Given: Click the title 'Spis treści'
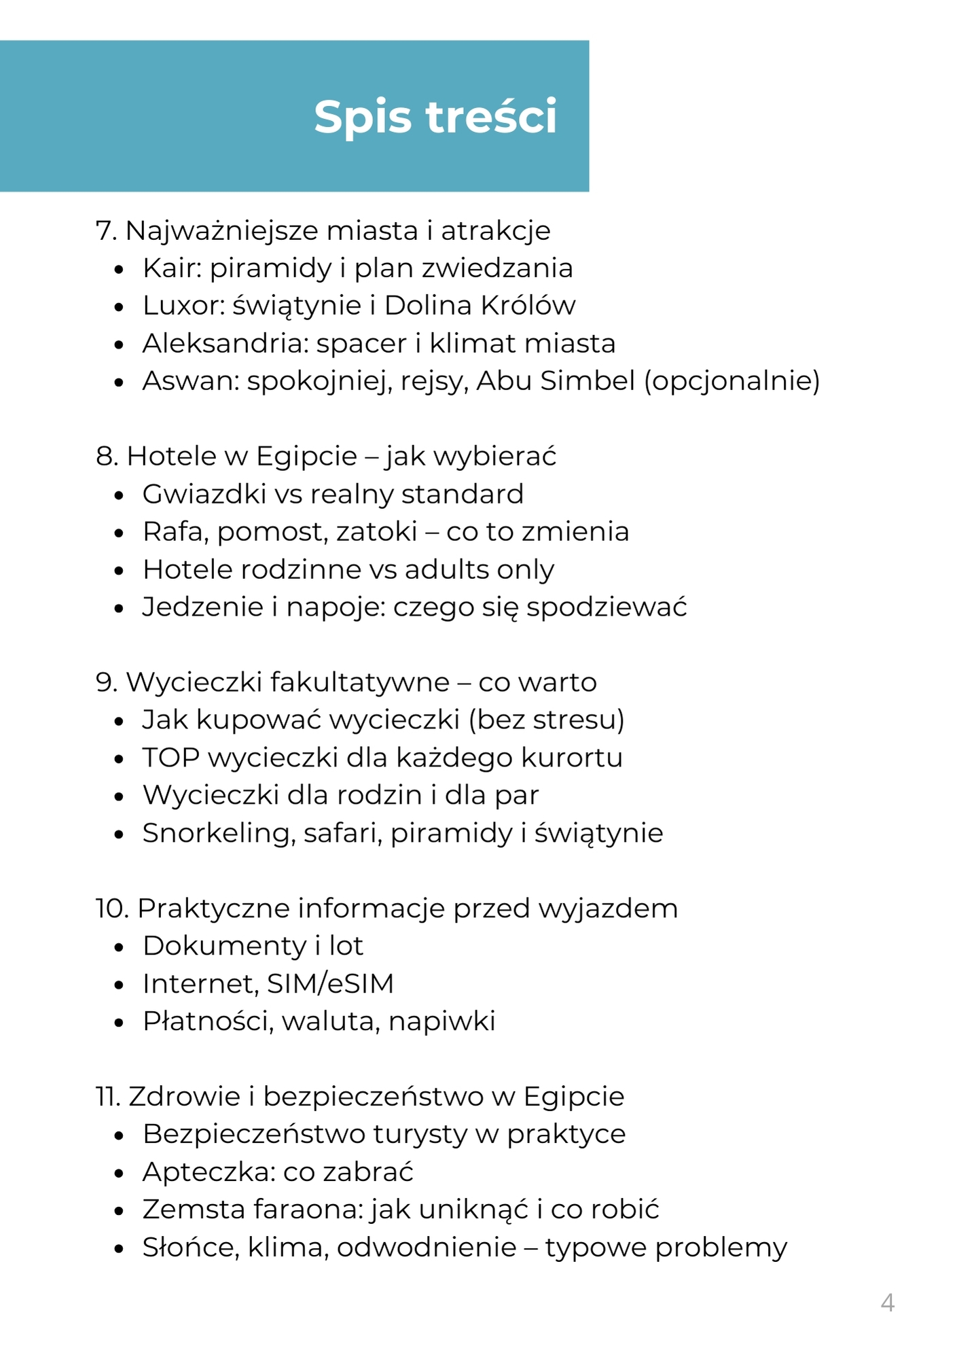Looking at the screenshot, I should (x=435, y=117).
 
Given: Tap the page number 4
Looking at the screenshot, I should (x=887, y=1303).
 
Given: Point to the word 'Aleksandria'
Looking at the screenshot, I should (x=218, y=343).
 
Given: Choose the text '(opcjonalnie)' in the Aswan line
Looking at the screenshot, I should (x=732, y=381).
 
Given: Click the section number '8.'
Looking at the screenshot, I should (x=107, y=457).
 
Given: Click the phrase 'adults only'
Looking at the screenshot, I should (x=480, y=569).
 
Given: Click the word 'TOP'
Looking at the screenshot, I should (x=170, y=758).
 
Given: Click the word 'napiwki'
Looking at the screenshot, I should (x=442, y=1021).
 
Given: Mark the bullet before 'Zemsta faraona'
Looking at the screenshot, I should (x=120, y=1211).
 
